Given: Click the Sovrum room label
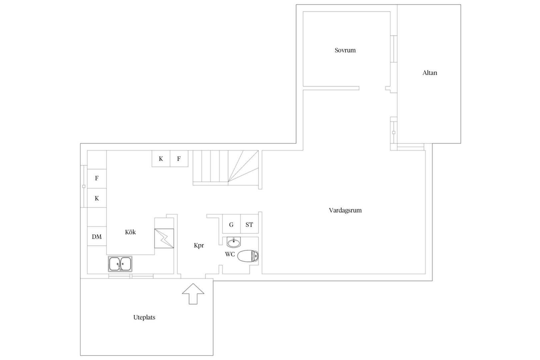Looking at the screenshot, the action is click(x=345, y=50).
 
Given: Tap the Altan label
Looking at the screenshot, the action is click(x=430, y=73).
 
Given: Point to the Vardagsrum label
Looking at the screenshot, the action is click(x=345, y=210).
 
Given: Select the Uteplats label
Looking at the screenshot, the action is click(x=144, y=317).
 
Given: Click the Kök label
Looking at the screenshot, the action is click(x=130, y=232).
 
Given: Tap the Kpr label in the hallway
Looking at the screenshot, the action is click(x=199, y=245).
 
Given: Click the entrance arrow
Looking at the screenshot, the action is click(x=193, y=294).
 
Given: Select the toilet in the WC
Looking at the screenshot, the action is click(x=248, y=256).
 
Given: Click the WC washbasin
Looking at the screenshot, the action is click(x=234, y=242).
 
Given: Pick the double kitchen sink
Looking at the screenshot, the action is click(x=120, y=264).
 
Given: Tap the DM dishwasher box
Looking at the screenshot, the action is click(x=97, y=236).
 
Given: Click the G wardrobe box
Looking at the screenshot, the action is click(x=231, y=224).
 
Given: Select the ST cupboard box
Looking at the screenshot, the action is click(x=250, y=224).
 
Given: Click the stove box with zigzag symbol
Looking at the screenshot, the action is click(x=164, y=238).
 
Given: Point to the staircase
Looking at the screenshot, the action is click(x=226, y=168).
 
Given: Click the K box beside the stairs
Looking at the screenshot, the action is click(x=161, y=159).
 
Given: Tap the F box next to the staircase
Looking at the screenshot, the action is click(x=179, y=159).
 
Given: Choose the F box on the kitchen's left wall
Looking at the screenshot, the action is click(x=97, y=178).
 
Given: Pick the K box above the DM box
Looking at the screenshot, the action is click(x=97, y=198).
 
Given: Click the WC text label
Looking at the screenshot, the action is click(x=230, y=254).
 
